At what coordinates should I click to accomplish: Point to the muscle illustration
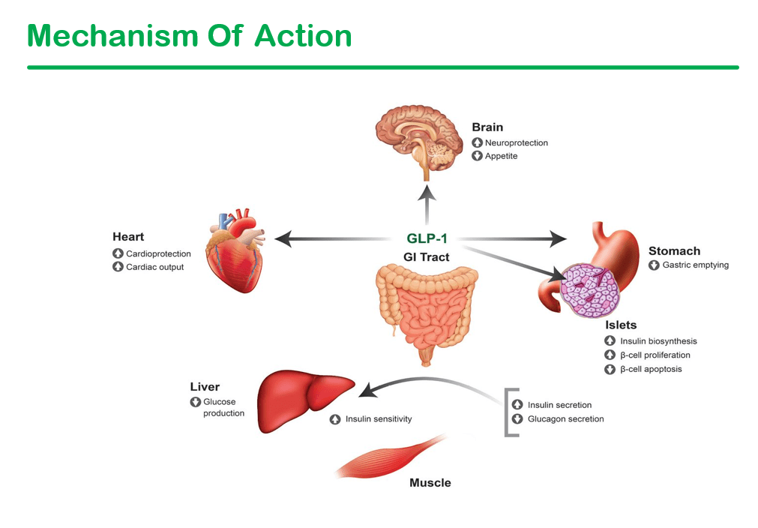click(387, 457)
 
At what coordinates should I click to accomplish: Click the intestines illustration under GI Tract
click(425, 311)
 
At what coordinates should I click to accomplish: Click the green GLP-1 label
click(427, 239)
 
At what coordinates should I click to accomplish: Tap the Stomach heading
click(674, 250)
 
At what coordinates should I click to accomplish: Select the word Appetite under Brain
click(501, 156)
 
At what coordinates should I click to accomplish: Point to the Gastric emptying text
click(695, 265)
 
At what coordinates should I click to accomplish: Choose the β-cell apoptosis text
click(650, 369)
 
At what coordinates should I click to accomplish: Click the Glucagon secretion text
click(565, 418)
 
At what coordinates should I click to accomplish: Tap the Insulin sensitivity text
click(378, 418)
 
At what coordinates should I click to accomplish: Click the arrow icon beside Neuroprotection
click(477, 142)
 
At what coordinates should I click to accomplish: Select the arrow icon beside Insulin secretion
click(517, 405)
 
